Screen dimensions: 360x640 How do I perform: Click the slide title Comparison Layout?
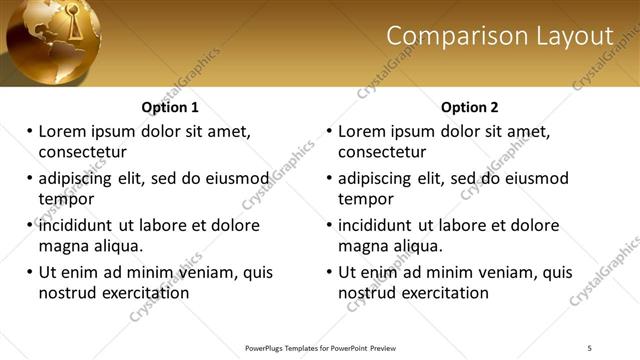pos(499,36)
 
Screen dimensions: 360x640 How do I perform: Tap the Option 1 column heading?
pos(170,107)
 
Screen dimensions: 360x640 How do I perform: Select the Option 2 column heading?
pos(470,107)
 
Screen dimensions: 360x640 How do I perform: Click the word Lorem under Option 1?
pos(63,131)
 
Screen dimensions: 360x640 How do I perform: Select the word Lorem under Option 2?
pos(363,131)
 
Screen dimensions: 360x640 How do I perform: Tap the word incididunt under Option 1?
pos(78,226)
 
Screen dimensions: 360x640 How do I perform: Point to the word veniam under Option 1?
pos(215,272)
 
